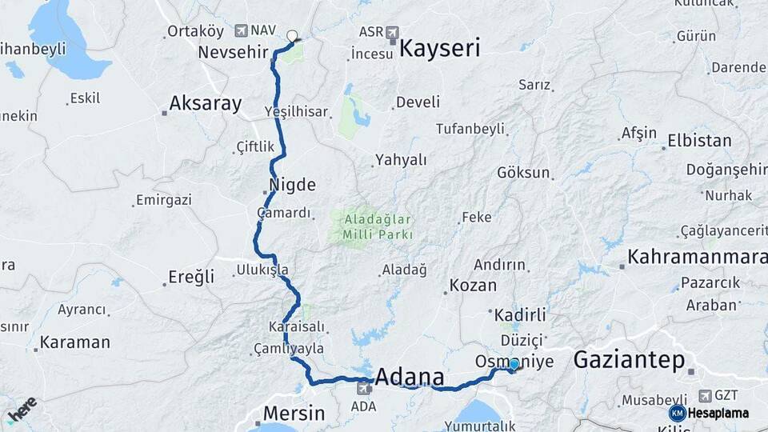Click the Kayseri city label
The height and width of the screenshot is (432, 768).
439,48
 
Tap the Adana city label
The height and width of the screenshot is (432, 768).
410,377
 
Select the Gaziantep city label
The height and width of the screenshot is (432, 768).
629,360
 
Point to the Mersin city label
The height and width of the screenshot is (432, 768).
290,414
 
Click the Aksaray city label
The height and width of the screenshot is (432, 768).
205,103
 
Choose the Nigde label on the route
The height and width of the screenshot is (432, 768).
292,185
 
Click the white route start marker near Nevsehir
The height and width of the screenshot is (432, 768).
292,35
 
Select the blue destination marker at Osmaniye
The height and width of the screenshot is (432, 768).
514,366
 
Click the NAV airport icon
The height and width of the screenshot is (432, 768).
242,30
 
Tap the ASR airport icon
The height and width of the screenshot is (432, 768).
391,32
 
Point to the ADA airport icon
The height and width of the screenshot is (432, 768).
364,388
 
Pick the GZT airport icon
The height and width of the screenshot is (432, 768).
704,395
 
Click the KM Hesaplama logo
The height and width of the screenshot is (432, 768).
710,413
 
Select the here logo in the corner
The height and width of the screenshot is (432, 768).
22,409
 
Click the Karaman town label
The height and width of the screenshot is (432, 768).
74,342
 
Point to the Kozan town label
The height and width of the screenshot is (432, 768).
473,286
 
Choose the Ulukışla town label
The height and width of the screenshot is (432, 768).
262,270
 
